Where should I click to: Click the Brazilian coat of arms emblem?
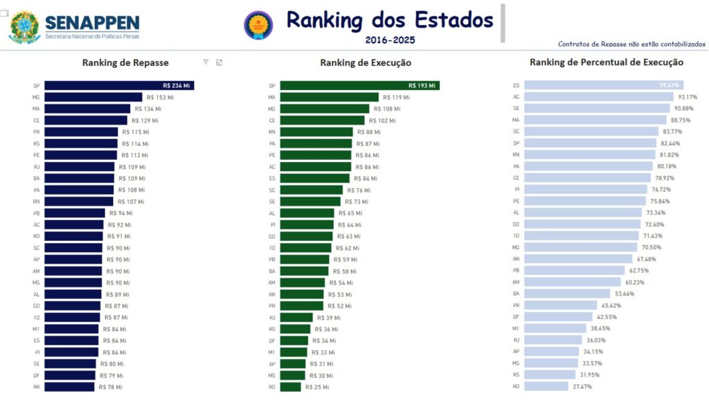(x=24, y=27)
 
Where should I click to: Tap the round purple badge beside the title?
(x=258, y=25)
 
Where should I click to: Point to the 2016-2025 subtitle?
(x=390, y=40)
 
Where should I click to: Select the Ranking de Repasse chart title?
(x=125, y=62)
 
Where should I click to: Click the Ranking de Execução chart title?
(x=366, y=63)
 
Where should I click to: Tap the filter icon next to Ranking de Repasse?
(x=206, y=62)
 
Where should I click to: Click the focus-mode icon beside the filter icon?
(x=219, y=62)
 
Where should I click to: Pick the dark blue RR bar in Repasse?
(x=70, y=387)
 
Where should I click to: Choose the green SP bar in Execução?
(x=360, y=86)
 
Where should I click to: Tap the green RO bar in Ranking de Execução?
(x=291, y=387)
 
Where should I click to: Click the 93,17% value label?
(x=690, y=98)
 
